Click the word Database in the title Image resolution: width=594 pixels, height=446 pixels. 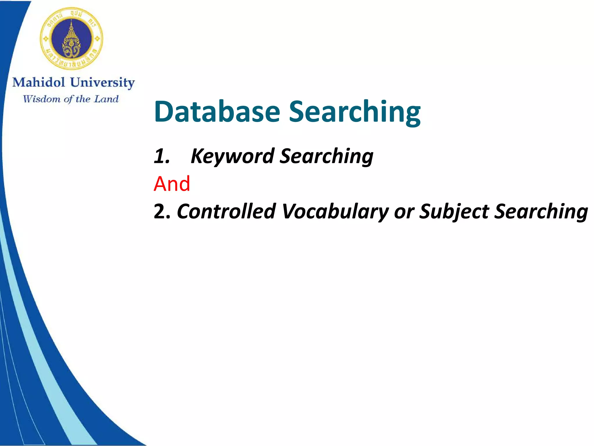pyautogui.click(x=217, y=112)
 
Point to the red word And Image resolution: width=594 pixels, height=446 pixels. pyautogui.click(x=172, y=184)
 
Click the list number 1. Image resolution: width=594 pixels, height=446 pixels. pyautogui.click(x=161, y=156)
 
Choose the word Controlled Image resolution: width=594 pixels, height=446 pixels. pyautogui.click(x=226, y=211)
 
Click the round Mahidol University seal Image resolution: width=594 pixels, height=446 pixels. pyautogui.click(x=71, y=38)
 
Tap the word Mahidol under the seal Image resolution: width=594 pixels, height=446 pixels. pyautogui.click(x=39, y=82)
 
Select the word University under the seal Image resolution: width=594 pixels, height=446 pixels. pyautogui.click(x=102, y=83)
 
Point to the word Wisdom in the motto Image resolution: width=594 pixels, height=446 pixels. pyautogui.click(x=41, y=99)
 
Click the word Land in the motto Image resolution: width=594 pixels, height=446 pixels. pyautogui.click(x=106, y=99)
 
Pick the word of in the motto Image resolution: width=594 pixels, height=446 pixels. pyautogui.click(x=68, y=99)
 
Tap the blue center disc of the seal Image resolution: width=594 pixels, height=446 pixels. pyautogui.click(x=71, y=38)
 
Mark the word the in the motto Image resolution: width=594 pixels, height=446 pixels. pyautogui.click(x=83, y=99)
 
